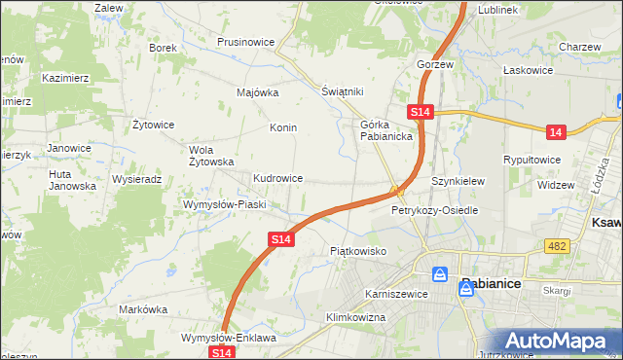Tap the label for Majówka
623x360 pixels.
click(x=258, y=93)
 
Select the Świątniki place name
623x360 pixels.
click(x=343, y=91)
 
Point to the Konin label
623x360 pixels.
click(x=283, y=127)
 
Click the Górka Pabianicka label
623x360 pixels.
click(x=387, y=130)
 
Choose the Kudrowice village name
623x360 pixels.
click(x=278, y=179)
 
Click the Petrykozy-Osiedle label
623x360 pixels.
click(x=435, y=210)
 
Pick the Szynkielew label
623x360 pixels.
click(x=458, y=181)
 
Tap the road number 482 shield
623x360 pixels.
click(x=557, y=247)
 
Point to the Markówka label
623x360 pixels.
click(x=144, y=309)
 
